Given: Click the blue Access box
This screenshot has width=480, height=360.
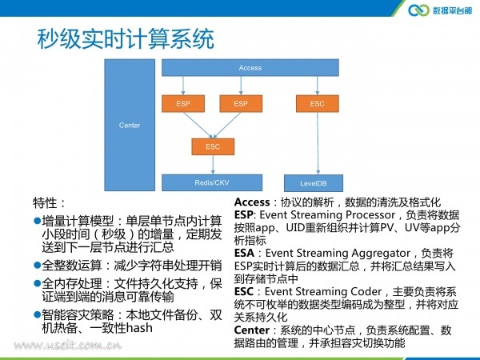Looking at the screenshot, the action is [250, 68].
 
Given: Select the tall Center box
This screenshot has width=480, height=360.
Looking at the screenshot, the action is [130, 125].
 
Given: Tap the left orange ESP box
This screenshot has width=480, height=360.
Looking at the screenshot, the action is [183, 103].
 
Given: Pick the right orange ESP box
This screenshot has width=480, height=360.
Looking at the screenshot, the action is [241, 103].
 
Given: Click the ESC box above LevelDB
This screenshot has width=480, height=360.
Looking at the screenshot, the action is [317, 103].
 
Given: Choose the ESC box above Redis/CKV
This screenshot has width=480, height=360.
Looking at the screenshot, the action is [213, 146].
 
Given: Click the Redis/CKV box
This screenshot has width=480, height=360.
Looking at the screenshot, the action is [212, 182].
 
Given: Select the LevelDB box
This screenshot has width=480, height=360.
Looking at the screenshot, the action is [314, 183].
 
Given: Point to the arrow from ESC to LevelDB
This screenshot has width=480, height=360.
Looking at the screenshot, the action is [318, 143].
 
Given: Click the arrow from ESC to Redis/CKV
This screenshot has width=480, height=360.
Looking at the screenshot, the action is [213, 165].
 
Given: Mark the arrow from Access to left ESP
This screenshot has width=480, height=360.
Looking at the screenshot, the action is [183, 86].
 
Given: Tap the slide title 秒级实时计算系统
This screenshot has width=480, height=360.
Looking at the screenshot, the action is [126, 39].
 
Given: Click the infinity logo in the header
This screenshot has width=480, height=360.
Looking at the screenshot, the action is [418, 10].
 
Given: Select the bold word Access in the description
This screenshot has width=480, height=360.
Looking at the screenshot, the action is [252, 202].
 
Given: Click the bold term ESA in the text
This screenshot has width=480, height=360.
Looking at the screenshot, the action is [244, 253].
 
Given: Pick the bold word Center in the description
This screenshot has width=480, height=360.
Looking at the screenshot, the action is [252, 330].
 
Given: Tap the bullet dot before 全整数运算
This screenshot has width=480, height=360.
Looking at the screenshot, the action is [38, 265].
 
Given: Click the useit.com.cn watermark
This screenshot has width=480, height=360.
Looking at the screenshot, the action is [67, 346].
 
